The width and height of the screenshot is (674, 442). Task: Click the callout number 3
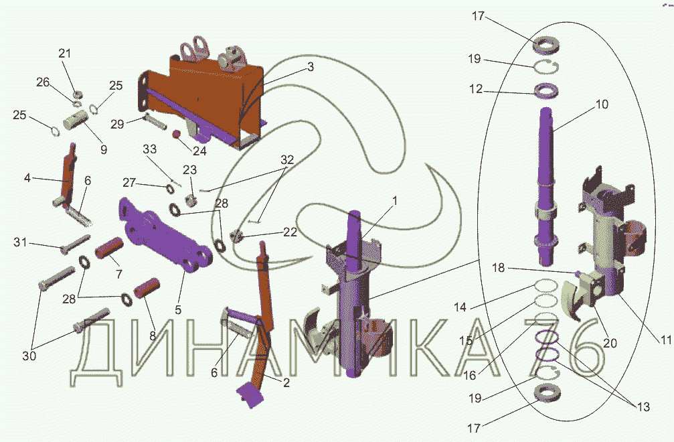tap(311, 67)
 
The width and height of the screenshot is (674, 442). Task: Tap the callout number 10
tap(602, 104)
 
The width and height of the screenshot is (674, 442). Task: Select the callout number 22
tap(290, 232)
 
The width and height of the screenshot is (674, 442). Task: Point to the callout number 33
tap(149, 149)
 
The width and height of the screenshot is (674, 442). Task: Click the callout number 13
tap(643, 407)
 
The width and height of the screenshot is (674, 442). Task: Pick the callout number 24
tap(199, 151)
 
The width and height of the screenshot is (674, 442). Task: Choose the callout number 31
tap(20, 242)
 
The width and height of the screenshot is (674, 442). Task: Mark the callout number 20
tap(610, 343)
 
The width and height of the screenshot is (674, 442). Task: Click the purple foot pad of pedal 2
tap(249, 394)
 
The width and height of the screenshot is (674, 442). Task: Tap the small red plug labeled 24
tap(176, 135)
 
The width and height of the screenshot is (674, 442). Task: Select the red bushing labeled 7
tap(109, 248)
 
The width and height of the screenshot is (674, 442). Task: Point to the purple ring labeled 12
tap(546, 90)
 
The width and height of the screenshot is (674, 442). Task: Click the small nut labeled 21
tap(78, 94)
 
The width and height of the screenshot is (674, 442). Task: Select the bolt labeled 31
tap(76, 244)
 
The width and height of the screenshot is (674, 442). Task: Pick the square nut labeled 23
tap(191, 200)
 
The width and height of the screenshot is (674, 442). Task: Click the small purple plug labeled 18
tap(578, 273)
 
